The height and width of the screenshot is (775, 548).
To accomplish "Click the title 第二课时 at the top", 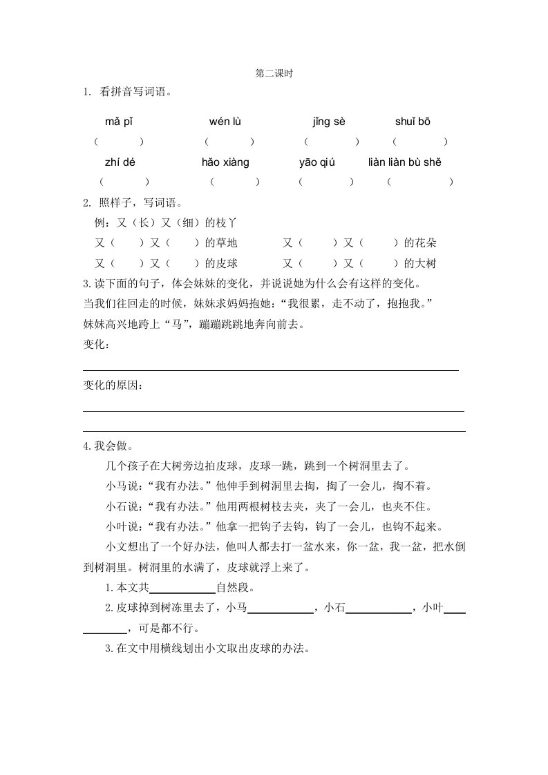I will coord(274,72).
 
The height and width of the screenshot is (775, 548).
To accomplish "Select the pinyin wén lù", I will coord(225,122).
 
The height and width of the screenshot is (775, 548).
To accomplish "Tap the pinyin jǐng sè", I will coord(328,122).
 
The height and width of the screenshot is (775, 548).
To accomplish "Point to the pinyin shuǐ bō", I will coord(413,122).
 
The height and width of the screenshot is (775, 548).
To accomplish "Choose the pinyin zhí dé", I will coord(118,162).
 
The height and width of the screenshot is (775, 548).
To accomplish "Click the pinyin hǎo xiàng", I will coord(225,162).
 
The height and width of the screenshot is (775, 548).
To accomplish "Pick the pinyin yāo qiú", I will coord(316,162).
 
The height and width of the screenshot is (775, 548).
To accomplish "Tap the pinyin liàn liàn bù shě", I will coord(404,162).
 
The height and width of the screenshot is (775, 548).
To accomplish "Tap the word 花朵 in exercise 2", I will coord(426,243).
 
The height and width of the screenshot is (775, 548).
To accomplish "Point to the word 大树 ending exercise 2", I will coord(426,263).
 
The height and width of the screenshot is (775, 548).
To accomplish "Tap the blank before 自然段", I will coord(182,589).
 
